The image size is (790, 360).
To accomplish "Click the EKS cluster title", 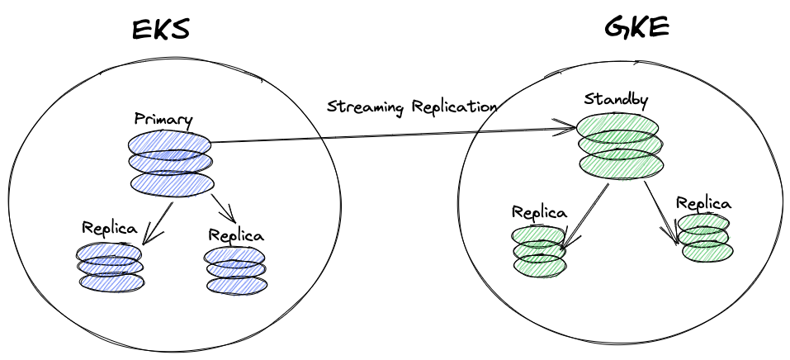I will click(x=160, y=29).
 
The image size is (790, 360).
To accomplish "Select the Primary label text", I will click(x=163, y=119).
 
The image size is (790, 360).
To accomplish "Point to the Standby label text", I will click(x=616, y=100).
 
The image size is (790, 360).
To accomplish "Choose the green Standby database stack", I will click(x=619, y=145).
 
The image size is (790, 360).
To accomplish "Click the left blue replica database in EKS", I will click(x=111, y=265).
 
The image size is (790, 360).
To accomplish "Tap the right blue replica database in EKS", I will click(x=235, y=269).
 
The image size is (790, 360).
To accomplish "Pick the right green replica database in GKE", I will click(x=706, y=238).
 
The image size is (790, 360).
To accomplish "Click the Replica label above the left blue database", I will click(x=109, y=228).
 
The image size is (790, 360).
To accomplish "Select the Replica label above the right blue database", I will click(x=236, y=234).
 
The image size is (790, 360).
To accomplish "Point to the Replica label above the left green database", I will click(x=539, y=211).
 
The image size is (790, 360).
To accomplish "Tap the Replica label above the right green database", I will click(x=703, y=202).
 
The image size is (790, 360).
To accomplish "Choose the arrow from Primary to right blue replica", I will click(x=221, y=208).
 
